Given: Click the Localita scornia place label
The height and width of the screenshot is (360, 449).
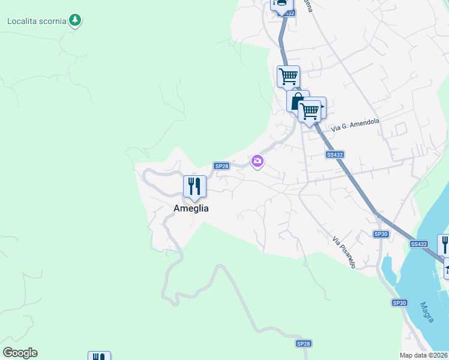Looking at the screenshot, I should tap(36, 21).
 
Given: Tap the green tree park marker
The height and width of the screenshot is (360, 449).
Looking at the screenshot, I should tap(74, 20).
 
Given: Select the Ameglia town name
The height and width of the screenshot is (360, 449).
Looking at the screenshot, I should tap(191, 208).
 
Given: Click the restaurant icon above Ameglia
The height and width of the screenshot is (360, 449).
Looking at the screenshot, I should tap(194, 186).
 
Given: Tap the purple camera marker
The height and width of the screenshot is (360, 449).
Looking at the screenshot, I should tap(258, 160).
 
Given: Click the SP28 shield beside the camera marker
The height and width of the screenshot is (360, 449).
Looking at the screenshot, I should tap(221, 166).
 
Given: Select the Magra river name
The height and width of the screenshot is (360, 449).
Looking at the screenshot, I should tap(427, 312).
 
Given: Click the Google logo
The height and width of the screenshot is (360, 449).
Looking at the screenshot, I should tap(20, 353).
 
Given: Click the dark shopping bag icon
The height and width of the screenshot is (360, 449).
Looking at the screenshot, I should tap(297, 101).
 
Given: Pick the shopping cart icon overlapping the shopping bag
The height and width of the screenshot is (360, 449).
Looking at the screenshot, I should tap(310, 110).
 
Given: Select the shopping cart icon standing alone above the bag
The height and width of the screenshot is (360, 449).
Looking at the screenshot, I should tap(288, 76).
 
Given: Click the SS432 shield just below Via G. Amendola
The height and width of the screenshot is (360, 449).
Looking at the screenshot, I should tap(335, 154).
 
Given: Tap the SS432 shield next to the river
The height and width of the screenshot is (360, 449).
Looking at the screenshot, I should tap(419, 244).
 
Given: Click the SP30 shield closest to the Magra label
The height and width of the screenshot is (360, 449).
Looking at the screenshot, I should tap(400, 303).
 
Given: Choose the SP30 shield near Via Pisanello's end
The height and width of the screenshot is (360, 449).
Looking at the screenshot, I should tap(381, 234).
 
